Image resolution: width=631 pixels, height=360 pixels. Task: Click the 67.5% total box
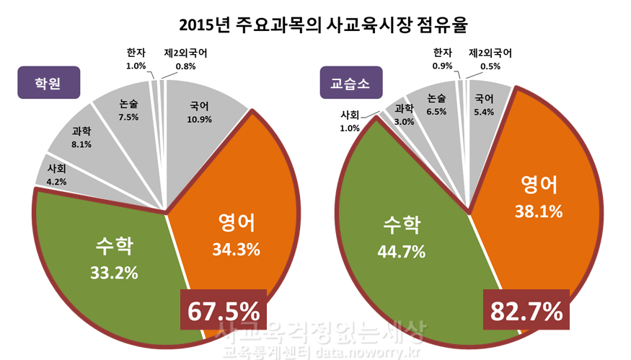[223, 311]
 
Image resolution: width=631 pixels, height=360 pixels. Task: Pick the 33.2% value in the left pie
[116, 273]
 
